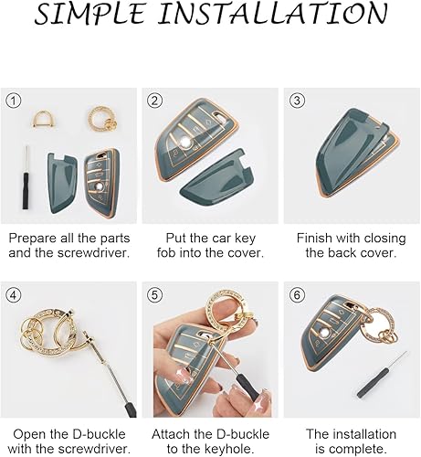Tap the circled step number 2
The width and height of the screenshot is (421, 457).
[x=154, y=101]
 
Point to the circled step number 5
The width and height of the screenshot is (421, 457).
[x=154, y=294]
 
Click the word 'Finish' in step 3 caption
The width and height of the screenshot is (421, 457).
[x=319, y=238]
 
